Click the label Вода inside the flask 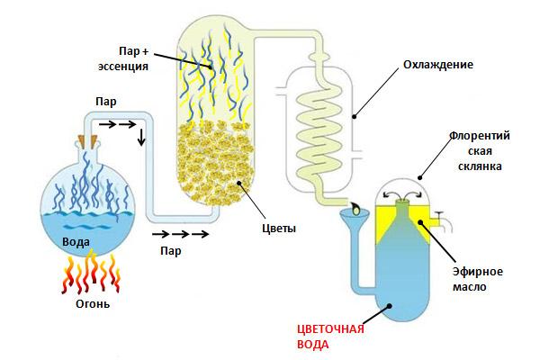pos(76,242)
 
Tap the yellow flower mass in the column pos(213,162)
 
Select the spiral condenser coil pos(316,135)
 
